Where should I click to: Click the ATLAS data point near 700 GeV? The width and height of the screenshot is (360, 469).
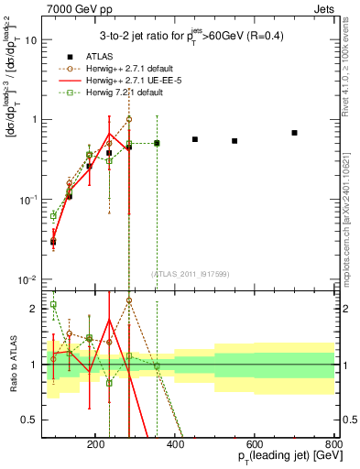[294, 133]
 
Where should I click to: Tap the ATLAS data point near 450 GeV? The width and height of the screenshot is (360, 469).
[195, 139]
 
